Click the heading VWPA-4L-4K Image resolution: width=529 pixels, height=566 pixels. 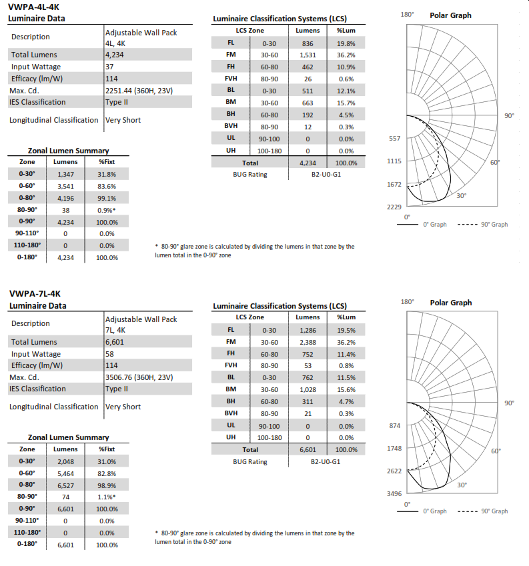(x=31, y=6)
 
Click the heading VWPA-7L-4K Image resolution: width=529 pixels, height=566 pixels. (x=31, y=293)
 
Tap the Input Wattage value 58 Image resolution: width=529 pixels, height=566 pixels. (x=110, y=353)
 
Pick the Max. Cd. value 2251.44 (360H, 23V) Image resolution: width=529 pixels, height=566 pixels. (x=139, y=90)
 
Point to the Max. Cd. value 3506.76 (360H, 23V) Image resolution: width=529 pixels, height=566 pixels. (x=139, y=377)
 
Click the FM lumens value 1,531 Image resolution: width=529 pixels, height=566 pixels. (x=308, y=55)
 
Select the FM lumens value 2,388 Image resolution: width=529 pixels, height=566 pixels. (x=308, y=341)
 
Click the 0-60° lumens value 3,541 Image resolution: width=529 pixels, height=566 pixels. (x=65, y=185)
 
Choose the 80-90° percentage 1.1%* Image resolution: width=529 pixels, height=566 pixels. (x=107, y=497)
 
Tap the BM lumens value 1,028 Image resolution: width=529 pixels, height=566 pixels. (x=308, y=389)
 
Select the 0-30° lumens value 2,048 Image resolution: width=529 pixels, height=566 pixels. (x=65, y=461)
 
